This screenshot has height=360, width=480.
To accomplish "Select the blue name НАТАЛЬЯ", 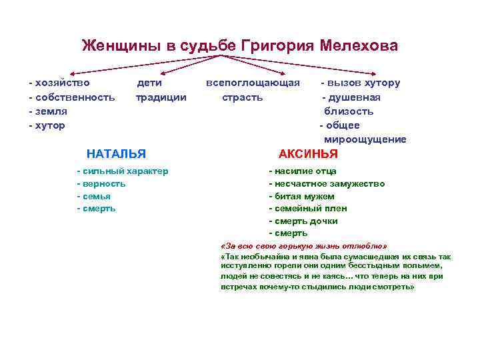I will (116, 153).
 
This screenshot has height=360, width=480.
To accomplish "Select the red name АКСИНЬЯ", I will (308, 153).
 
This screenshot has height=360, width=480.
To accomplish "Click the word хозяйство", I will (62, 83).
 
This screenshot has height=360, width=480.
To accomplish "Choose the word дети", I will (149, 83).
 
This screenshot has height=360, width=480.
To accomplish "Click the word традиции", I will (161, 97).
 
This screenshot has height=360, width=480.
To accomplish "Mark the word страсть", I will (242, 97).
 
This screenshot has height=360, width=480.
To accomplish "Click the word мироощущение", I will (365, 139).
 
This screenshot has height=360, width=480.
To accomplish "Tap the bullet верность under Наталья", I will (104, 184).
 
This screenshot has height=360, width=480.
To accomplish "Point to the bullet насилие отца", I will (305, 171).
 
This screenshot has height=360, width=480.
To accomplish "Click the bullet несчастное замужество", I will (329, 184).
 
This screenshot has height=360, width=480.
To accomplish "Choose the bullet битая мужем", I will (304, 196).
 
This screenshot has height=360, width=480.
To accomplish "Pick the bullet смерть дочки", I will (306, 221).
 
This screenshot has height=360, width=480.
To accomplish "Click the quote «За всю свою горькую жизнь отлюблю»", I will (303, 245).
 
